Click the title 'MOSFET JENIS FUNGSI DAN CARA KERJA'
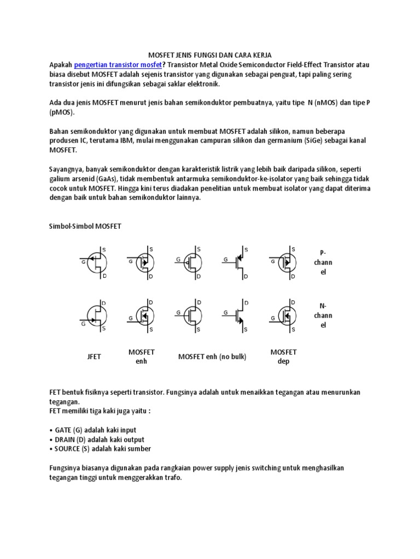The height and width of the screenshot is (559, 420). point(210,56)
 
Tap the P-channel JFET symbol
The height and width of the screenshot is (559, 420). point(94,263)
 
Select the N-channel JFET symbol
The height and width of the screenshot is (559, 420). point(94,315)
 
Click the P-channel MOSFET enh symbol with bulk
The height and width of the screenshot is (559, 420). point(142,263)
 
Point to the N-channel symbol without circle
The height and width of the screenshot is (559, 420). point(237,315)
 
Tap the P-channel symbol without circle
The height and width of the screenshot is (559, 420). point(237,263)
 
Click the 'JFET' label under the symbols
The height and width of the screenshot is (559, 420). point(94,357)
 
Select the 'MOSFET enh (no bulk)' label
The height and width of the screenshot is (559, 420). point(212,357)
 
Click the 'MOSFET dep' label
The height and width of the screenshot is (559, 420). point(283,356)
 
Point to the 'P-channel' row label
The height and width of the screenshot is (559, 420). point(323,262)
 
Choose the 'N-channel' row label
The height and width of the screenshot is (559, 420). point(323,315)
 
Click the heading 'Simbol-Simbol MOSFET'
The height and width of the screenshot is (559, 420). point(85,227)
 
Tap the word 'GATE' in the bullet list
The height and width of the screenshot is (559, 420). point(63,430)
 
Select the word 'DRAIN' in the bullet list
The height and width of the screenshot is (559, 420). point(65,439)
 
